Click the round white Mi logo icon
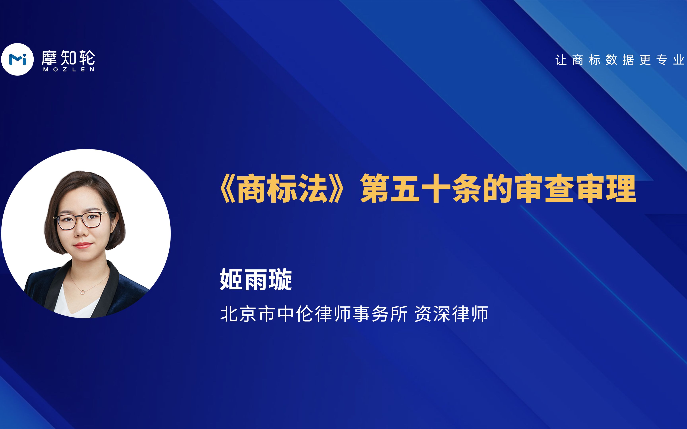tap(18, 59)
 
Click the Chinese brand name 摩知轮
tap(68, 58)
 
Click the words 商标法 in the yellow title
tap(282, 189)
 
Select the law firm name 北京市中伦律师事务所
tap(314, 314)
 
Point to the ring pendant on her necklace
tap(82, 292)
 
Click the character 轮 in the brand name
tap(87, 58)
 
